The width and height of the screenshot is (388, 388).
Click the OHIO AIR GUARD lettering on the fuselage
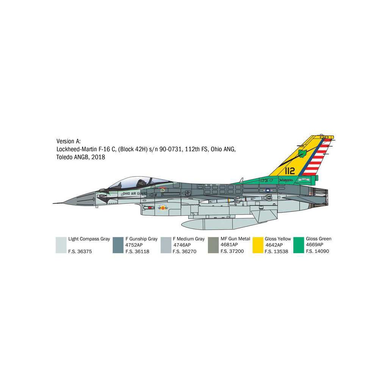coord(135,193)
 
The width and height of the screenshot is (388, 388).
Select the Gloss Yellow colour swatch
coord(258,245)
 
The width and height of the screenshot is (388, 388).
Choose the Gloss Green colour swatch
coord(299,245)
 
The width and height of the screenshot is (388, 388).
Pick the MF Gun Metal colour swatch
coord(213,245)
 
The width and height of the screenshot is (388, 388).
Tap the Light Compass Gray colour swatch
coord(61,245)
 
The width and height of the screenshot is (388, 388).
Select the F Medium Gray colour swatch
coord(166,245)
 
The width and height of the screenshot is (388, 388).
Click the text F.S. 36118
coord(137,251)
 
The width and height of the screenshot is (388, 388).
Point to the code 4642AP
coord(274,245)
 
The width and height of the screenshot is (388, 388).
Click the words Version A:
coord(69,141)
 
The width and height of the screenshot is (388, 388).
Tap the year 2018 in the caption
coord(98,157)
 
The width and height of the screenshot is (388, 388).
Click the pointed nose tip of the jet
coord(54,203)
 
